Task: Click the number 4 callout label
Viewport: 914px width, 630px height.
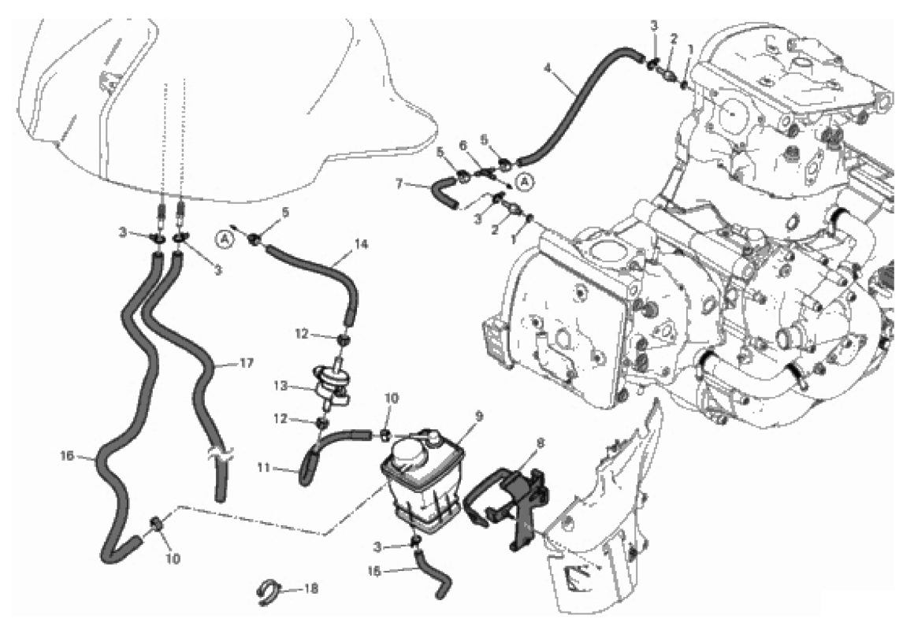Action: coord(548,68)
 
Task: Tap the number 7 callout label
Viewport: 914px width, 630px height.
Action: coord(399,184)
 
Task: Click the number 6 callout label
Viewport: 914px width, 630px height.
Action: coord(463,145)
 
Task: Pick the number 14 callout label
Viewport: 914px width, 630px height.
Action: coord(362,244)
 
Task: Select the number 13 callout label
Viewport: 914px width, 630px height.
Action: coord(281,386)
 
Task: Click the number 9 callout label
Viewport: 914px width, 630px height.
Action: coord(479,417)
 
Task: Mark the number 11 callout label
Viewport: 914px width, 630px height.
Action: coord(264,468)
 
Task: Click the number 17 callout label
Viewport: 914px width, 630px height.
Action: coord(247,363)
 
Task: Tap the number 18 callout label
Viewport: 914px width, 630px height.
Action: coord(311,588)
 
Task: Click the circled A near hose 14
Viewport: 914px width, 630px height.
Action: coord(223,239)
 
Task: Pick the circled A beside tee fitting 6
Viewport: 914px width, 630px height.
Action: coord(526,183)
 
